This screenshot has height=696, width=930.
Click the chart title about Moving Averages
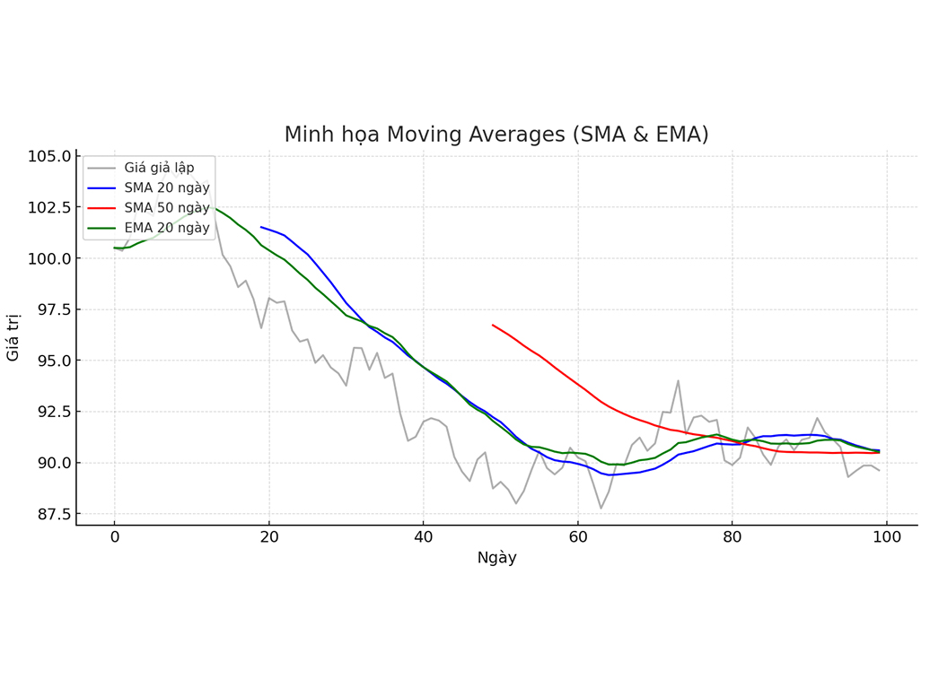pos(496,135)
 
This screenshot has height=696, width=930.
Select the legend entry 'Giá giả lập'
pos(158,167)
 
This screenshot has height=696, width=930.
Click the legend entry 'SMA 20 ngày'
pos(166,187)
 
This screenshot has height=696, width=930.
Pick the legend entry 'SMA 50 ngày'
pos(166,208)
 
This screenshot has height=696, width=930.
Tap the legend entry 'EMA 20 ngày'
pos(166,228)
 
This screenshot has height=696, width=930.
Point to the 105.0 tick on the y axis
pos(48,156)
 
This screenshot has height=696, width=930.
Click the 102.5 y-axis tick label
pos(48,207)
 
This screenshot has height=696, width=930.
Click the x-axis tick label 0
pos(114,537)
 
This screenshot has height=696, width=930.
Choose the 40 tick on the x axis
pos(423,537)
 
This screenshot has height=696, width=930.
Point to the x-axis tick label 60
pos(577,537)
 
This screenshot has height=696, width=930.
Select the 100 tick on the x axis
pos(887,537)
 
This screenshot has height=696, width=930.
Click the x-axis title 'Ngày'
pos(496,558)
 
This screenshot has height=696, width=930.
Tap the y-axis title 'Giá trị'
pos(13,337)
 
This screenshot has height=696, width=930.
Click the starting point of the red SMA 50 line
pos(493,325)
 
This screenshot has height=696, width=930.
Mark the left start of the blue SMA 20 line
pos(261,227)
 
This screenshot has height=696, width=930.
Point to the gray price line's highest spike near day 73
pos(678,380)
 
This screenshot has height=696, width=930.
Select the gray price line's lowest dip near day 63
pos(601,509)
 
